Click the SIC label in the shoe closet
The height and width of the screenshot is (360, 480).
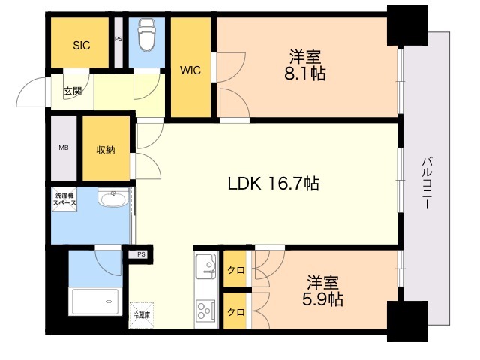82,46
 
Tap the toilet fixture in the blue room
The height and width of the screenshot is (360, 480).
147,34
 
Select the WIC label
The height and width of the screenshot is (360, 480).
190,70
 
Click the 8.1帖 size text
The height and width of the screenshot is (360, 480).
304,73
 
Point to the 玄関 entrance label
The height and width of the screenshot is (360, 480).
73,91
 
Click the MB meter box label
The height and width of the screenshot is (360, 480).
64,148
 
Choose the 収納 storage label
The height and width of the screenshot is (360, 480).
106,150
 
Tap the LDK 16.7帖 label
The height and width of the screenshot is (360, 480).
273,184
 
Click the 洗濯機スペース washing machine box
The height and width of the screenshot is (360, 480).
64,199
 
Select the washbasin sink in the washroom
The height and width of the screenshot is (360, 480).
113,198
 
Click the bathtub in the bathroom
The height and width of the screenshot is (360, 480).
95,301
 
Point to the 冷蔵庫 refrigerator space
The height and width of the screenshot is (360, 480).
142,315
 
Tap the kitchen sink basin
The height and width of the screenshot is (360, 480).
206,266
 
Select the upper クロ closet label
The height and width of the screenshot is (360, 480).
236,270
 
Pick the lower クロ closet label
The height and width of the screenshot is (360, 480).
236,312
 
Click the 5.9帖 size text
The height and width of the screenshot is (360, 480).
322,299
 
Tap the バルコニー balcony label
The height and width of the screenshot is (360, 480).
427,183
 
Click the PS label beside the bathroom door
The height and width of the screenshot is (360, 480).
141,254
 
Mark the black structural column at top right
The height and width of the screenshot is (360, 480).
407,25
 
